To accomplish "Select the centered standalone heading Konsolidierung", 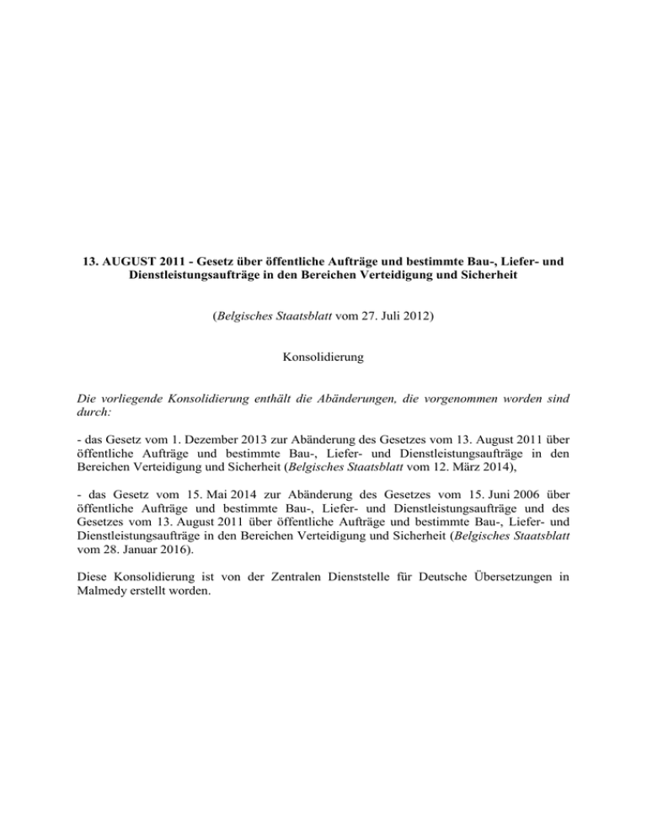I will tap(323, 357).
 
